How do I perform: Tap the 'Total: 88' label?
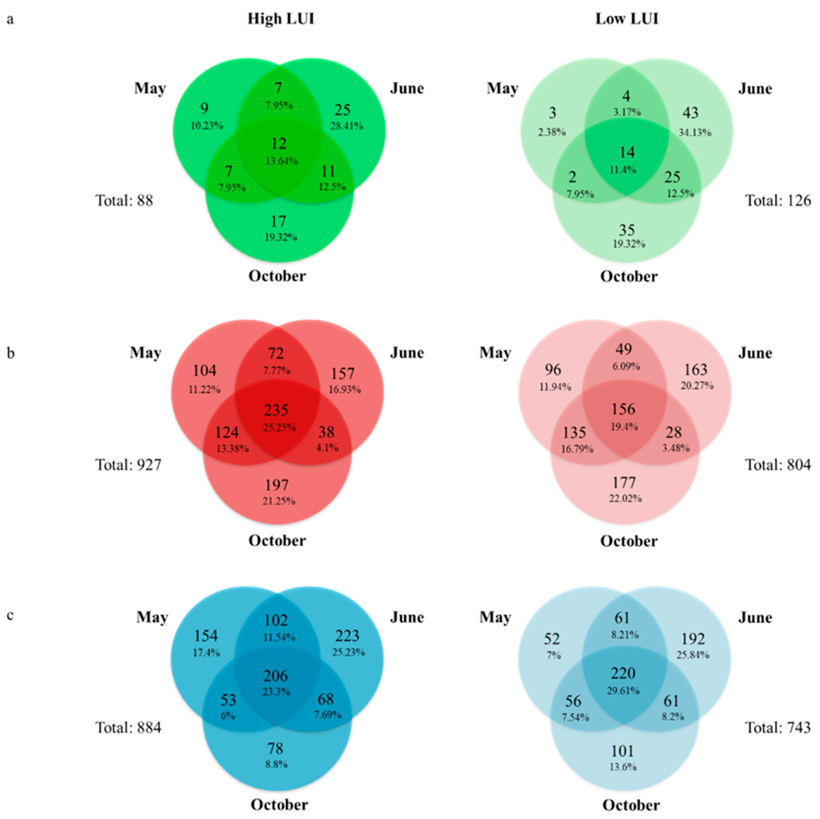click(x=124, y=200)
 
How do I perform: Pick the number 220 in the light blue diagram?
click(x=623, y=673)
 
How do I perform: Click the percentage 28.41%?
click(x=347, y=126)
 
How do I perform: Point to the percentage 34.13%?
click(x=695, y=132)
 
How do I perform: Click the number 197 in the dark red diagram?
click(x=277, y=485)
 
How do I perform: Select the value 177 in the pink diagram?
click(x=624, y=483)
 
